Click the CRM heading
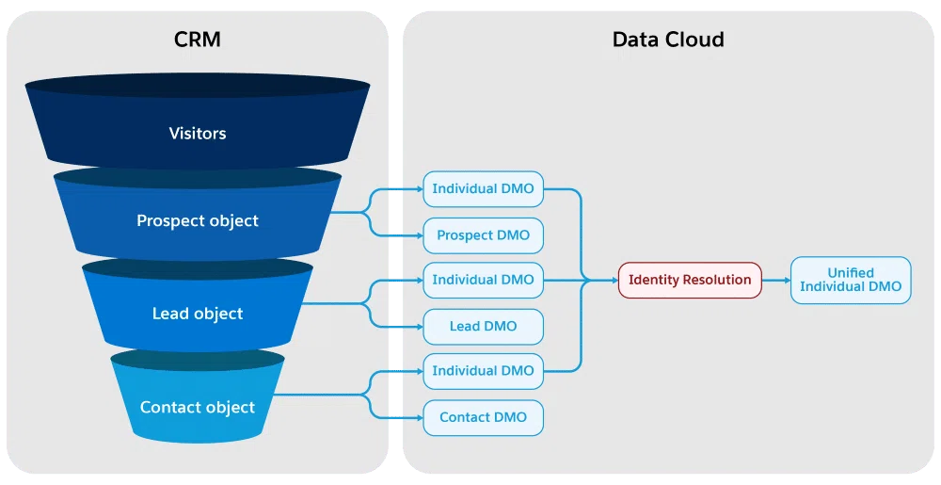click(198, 40)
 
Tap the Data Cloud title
click(668, 40)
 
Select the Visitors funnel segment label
click(198, 133)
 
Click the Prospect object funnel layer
click(198, 220)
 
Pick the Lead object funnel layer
click(198, 313)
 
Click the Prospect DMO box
click(483, 235)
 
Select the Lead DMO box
click(483, 327)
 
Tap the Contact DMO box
click(483, 417)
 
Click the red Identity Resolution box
click(690, 280)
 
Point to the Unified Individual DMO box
click(851, 280)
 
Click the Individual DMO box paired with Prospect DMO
click(483, 189)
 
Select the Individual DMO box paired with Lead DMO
click(483, 280)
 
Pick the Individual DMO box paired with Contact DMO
click(483, 371)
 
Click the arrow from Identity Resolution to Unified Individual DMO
click(776, 281)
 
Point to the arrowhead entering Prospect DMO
click(420, 235)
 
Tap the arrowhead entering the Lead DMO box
click(420, 327)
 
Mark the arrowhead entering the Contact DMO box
click(420, 417)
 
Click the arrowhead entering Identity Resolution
click(614, 281)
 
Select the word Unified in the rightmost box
click(851, 272)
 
